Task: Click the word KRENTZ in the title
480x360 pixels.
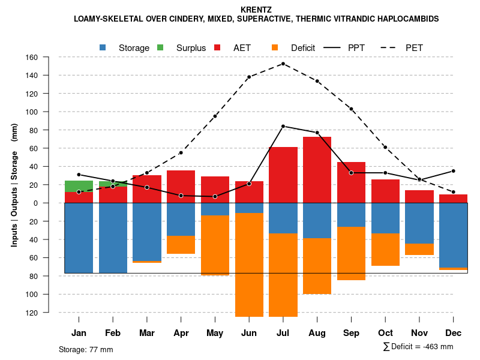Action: tap(256, 10)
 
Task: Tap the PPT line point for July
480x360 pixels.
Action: tap(283, 126)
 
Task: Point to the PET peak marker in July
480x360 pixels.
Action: tap(283, 64)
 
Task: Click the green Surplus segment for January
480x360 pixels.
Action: tap(79, 186)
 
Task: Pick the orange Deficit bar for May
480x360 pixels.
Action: tap(215, 245)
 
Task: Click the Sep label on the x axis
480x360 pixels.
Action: tap(351, 333)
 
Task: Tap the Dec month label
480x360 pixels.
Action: tap(454, 333)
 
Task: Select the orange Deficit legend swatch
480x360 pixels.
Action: tap(275, 47)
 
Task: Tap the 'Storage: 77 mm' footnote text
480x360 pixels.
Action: tap(86, 349)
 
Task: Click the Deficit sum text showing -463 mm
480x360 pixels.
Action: tap(418, 347)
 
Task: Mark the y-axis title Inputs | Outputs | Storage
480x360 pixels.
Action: tap(14, 185)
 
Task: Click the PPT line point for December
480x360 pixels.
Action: tap(454, 171)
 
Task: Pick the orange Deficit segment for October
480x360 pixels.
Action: tap(386, 250)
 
